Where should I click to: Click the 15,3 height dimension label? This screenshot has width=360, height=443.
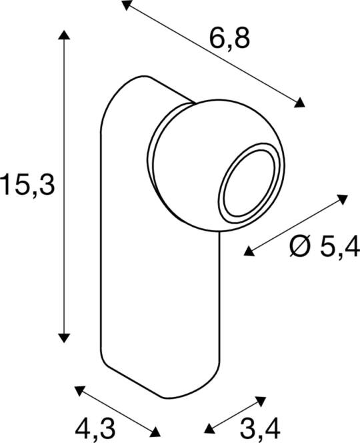pos(27,184)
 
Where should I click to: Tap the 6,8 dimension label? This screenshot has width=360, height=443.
pos(229,39)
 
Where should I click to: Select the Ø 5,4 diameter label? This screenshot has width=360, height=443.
pos(324,248)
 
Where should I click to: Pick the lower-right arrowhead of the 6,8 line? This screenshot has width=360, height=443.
pos(300,102)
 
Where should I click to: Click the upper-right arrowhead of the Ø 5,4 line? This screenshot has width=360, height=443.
pos(343,198)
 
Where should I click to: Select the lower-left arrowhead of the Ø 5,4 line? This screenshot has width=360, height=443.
pos(249,250)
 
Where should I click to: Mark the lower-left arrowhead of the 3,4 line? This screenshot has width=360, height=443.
pos(209,429)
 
